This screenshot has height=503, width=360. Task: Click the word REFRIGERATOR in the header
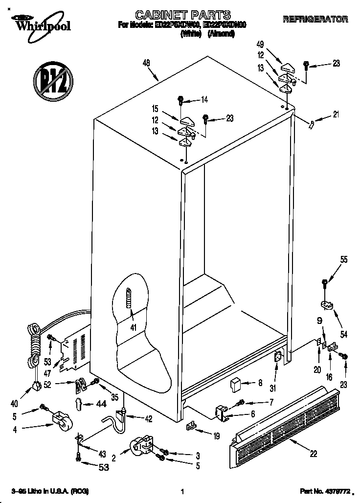[315, 19]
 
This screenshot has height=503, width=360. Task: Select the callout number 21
[335, 115]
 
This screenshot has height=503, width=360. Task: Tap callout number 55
[344, 260]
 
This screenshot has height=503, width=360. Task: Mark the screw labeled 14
[180, 101]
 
